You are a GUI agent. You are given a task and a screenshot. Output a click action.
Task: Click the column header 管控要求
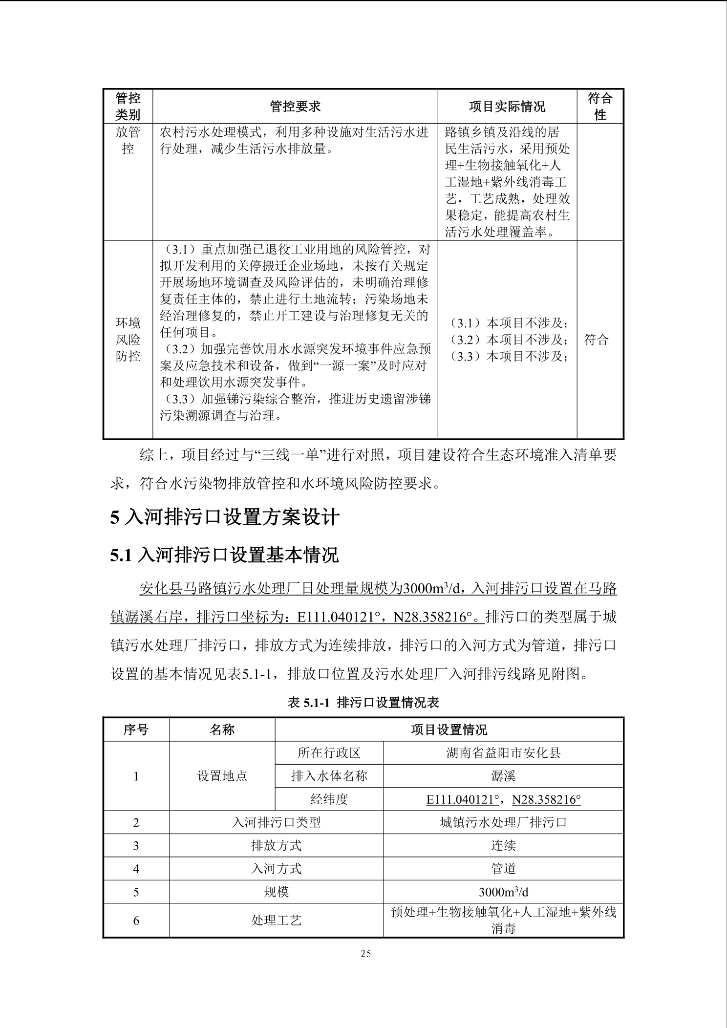coord(295,107)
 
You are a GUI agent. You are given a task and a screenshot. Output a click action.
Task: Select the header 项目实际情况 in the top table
coord(507,107)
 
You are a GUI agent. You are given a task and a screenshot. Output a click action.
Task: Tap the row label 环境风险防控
coord(128,339)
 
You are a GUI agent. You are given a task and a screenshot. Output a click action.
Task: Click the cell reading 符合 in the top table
coord(597,340)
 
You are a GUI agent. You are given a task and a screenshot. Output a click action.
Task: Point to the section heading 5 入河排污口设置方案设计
coord(225,517)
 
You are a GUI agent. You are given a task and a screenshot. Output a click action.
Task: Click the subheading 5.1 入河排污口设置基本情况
coord(224,555)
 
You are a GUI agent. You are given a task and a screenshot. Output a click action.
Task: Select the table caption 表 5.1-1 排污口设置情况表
coord(363,703)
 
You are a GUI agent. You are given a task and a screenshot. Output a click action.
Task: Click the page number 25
coord(365,954)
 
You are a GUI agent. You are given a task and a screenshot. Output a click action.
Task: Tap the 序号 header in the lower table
coord(136,730)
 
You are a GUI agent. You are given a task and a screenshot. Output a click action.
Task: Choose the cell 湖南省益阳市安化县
coord(503,753)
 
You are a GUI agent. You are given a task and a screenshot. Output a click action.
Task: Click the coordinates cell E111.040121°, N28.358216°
coord(503,799)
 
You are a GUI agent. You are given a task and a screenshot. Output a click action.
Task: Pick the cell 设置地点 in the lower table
coord(222,776)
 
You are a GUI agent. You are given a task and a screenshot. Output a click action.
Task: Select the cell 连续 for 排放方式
coord(503,846)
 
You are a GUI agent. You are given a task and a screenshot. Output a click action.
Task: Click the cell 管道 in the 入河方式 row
coord(503,869)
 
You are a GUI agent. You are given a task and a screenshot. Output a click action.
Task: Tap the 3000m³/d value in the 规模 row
coord(503,892)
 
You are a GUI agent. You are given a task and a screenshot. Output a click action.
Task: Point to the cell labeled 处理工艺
coord(276,921)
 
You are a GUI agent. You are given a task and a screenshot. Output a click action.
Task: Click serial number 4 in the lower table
coord(136,869)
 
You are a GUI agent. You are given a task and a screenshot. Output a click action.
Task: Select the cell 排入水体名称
coord(329,776)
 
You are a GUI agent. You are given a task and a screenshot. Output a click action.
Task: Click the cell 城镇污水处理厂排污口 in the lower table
coord(503,822)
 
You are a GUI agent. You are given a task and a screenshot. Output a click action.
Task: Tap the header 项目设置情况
coord(449,730)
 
